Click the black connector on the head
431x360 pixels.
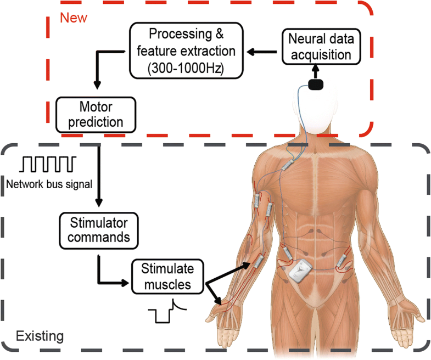[317, 85]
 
